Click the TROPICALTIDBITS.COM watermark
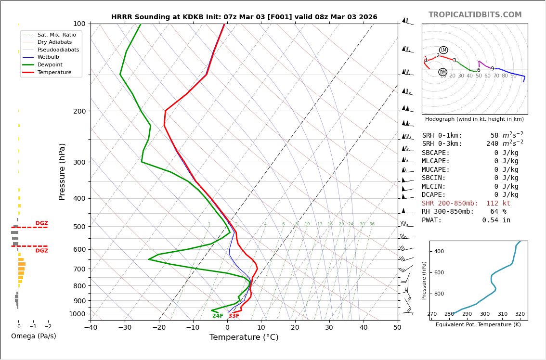pyautogui.click(x=475, y=15)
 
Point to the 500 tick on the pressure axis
pyautogui.click(x=79, y=227)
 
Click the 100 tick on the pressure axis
pyautogui.click(x=79, y=24)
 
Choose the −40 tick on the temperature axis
pyautogui.click(x=91, y=328)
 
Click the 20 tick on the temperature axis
pyautogui.click(x=295, y=328)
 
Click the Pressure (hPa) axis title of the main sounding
pyautogui.click(x=62, y=171)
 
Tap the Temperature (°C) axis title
pyautogui.click(x=244, y=337)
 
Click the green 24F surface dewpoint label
pyautogui.click(x=218, y=316)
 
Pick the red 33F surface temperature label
pyautogui.click(x=234, y=316)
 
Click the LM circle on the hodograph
pyautogui.click(x=443, y=50)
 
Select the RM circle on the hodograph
pyautogui.click(x=442, y=72)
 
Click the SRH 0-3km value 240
pyautogui.click(x=492, y=144)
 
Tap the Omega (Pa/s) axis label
pyautogui.click(x=34, y=336)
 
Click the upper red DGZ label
pyautogui.click(x=41, y=223)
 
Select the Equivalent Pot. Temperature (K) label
pyautogui.click(x=478, y=325)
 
